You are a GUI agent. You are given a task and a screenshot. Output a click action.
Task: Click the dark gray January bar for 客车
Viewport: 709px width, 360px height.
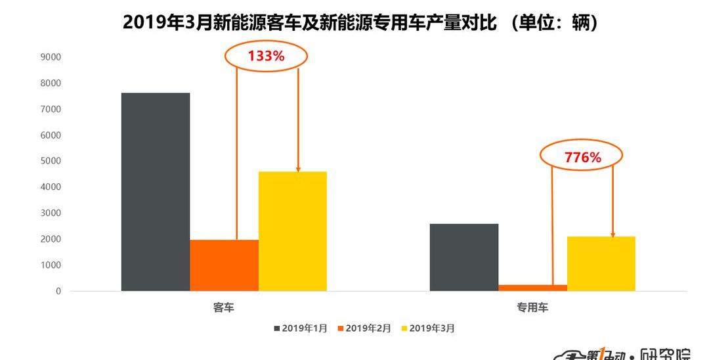tap(156, 192)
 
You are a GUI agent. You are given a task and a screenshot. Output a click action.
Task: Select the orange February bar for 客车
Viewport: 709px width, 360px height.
tap(225, 265)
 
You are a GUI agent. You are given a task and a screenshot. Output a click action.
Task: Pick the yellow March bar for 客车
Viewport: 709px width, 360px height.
tap(293, 231)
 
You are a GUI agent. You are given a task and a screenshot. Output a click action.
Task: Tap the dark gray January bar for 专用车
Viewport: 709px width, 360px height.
tap(464, 258)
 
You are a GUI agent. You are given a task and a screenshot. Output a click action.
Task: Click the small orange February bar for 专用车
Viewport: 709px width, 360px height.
tap(532, 288)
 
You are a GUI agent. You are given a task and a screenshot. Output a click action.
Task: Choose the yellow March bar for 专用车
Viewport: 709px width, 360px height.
tap(601, 263)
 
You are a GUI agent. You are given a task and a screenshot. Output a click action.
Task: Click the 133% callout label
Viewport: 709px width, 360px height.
tap(266, 56)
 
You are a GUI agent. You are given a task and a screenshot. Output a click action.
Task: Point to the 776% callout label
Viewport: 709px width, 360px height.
tap(582, 157)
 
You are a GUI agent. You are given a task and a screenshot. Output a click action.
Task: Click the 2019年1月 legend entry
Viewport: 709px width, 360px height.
tap(301, 328)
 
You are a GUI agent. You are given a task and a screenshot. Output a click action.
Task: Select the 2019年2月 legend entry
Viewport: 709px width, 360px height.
tap(364, 328)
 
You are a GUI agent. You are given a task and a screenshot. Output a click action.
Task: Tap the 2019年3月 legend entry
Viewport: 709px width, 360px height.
tap(428, 328)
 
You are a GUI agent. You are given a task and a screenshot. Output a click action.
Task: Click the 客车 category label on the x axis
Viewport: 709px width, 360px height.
tap(223, 307)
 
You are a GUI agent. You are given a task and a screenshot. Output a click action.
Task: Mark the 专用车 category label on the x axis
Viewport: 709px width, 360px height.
tap(532, 307)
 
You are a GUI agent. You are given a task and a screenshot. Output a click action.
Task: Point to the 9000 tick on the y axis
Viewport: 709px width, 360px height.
tap(51, 57)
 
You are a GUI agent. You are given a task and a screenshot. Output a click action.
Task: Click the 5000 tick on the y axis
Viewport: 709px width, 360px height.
tap(51, 161)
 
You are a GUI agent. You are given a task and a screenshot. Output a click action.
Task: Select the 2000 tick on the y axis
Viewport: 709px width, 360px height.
tap(51, 239)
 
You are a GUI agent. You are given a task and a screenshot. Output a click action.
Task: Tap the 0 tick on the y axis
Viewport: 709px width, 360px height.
tap(58, 291)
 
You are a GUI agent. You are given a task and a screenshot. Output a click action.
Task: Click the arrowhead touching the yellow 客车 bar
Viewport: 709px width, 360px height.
tap(298, 169)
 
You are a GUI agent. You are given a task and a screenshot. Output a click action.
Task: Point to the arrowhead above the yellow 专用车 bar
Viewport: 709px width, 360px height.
tap(612, 234)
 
